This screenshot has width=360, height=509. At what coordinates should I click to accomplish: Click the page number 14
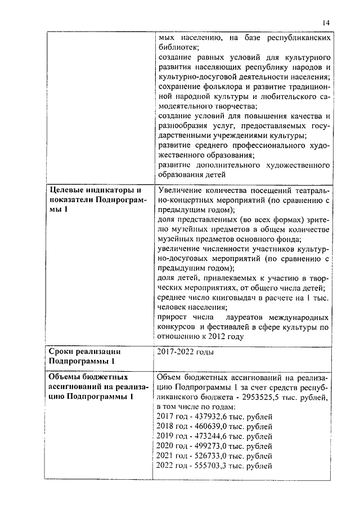click(x=326, y=22)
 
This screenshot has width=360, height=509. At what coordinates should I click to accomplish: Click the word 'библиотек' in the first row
click(x=178, y=48)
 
